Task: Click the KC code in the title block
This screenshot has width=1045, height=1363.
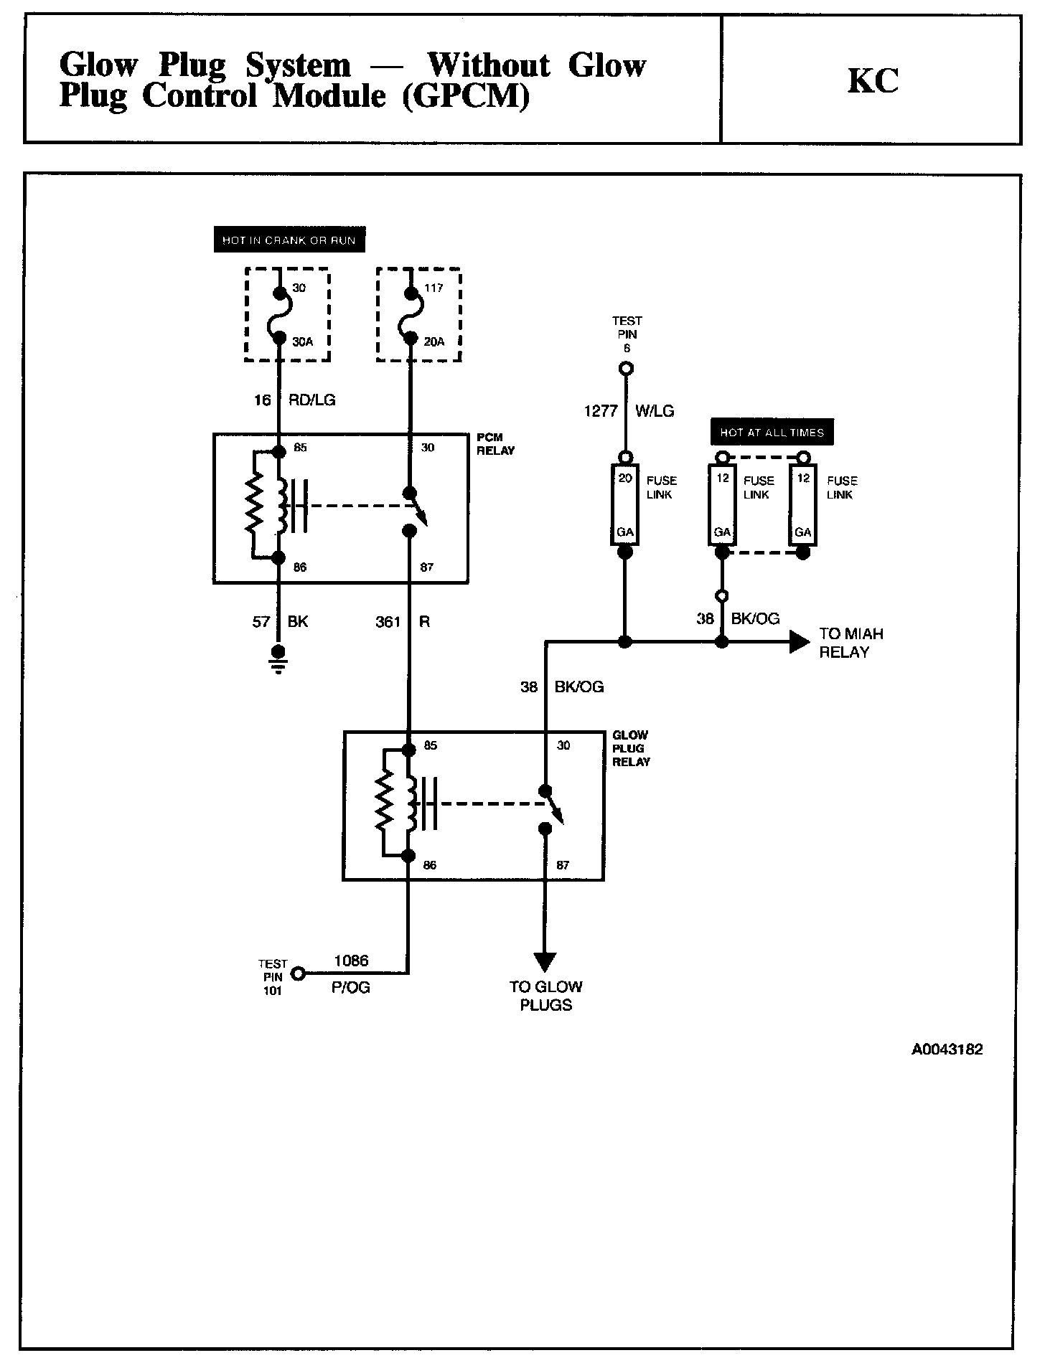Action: coord(873,81)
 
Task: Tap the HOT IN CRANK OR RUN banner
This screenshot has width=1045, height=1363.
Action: coord(289,240)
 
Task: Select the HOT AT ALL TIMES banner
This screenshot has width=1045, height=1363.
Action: coord(772,433)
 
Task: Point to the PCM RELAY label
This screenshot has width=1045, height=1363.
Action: coord(495,444)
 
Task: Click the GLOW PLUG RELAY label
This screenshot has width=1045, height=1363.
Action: coord(631,748)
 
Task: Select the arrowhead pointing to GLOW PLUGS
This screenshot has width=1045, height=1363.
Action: coord(545,961)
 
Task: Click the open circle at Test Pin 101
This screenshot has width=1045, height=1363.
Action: coord(299,973)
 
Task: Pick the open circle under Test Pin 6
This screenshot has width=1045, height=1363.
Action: coord(626,369)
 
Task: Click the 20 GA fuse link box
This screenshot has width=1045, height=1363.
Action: coord(625,505)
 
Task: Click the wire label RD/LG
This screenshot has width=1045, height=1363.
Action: coord(311,400)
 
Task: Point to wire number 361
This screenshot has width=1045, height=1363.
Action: coord(388,622)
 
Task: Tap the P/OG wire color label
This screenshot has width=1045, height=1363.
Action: coord(351,988)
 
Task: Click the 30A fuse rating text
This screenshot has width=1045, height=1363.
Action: coord(302,342)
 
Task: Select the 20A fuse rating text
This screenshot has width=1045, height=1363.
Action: coord(434,342)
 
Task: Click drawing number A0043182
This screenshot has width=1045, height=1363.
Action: coord(947,1050)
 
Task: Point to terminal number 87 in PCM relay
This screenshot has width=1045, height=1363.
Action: coord(427,567)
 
